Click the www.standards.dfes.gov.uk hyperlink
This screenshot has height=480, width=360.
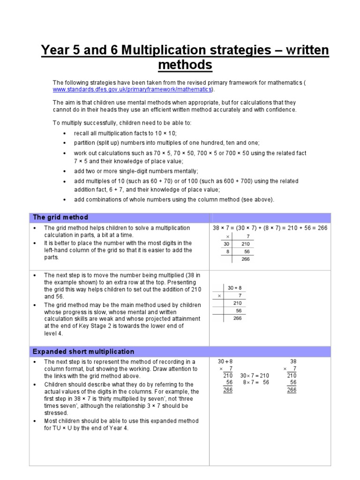(132, 90)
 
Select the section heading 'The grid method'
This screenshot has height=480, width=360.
(60, 217)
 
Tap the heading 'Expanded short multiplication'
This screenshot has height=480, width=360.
(83, 352)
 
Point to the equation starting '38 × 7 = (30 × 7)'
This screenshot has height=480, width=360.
(270, 228)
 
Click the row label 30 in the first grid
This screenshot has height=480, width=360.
(226, 244)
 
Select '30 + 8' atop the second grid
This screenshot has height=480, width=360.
(234, 288)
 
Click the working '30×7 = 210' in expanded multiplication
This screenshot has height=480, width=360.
(255, 376)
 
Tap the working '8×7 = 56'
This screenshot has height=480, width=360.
(256, 383)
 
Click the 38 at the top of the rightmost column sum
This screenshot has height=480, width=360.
(293, 362)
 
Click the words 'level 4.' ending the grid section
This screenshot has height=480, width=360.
(53, 334)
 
